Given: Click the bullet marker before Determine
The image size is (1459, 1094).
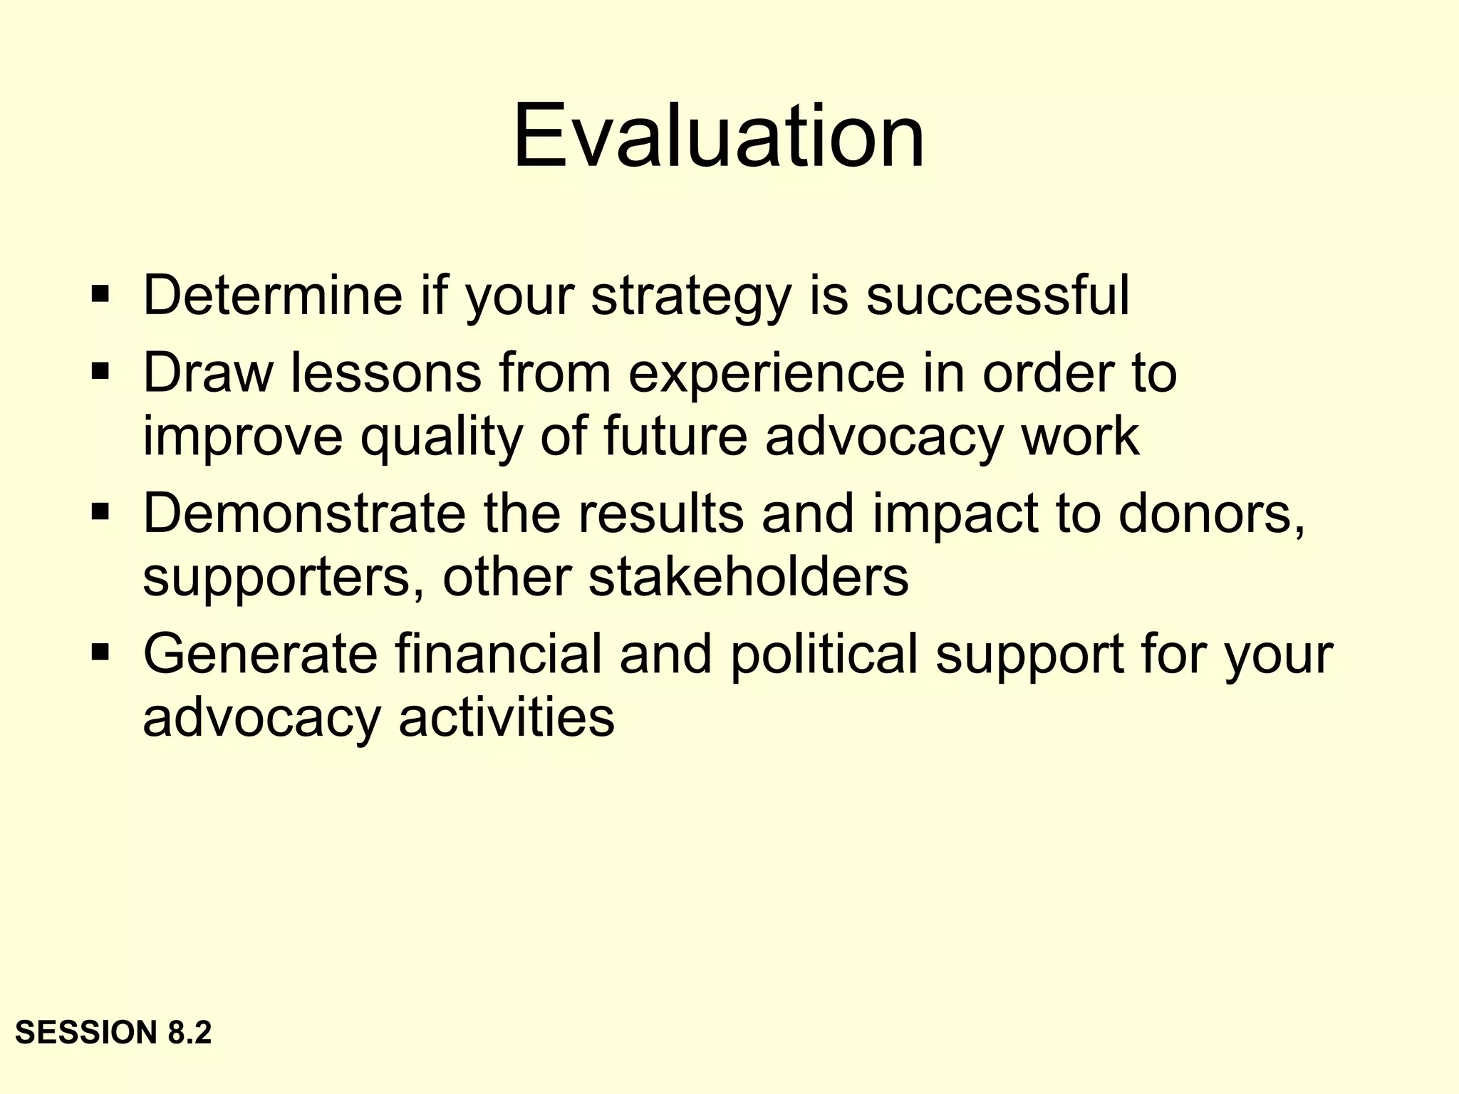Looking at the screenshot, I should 100,293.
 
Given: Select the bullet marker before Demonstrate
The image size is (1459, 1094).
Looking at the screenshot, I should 100,511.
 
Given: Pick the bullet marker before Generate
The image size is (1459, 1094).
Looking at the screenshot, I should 100,651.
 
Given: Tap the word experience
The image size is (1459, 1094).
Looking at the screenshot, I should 766,375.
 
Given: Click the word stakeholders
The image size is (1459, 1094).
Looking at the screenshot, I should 748,577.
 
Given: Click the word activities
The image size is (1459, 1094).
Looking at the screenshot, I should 506,717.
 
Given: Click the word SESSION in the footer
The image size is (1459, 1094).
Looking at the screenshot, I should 86,1032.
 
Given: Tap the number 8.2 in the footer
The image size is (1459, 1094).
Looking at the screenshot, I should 190,1032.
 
